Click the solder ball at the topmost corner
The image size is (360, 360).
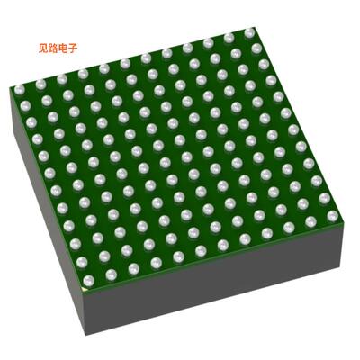coord(249,33)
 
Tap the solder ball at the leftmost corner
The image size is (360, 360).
coord(19,90)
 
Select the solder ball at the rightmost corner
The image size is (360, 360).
coord(332,216)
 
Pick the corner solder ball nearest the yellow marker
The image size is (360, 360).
coord(88,281)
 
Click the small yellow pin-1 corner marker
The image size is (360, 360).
coord(85,289)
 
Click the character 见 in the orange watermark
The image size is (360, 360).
coord(43,49)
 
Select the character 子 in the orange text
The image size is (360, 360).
coord(73,49)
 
